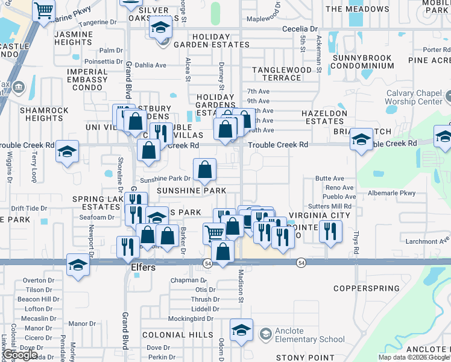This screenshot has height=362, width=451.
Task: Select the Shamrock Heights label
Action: point(41,114)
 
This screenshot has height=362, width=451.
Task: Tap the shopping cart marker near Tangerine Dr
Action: point(43,10)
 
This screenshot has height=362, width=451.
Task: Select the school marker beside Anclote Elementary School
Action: point(241,330)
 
